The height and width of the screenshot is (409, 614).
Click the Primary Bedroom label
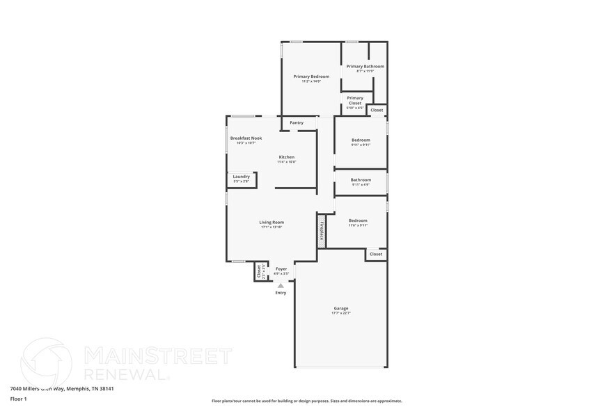[x=310, y=77]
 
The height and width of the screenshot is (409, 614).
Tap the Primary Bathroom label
[x=365, y=66]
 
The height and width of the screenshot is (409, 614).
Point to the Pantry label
[x=297, y=123]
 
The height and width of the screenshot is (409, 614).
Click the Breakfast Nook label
[x=246, y=138]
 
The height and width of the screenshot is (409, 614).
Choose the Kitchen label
[x=287, y=157]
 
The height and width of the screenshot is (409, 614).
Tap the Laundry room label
[x=241, y=177]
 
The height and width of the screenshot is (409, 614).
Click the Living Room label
[x=271, y=223]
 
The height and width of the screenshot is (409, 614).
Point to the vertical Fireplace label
[x=322, y=230]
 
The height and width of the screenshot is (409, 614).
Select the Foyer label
[x=281, y=268]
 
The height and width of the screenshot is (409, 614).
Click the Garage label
[x=341, y=308]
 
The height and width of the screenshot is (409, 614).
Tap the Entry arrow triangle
[x=281, y=285]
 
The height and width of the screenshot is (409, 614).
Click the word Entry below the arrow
[x=281, y=293]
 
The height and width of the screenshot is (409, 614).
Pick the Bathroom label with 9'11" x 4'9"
[x=361, y=180]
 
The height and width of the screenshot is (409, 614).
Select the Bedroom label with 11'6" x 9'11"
[x=358, y=220]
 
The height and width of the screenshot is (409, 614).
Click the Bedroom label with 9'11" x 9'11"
[x=361, y=140]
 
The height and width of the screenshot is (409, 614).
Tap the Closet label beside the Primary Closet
[x=377, y=111]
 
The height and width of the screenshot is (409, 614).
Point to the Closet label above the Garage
[x=376, y=255]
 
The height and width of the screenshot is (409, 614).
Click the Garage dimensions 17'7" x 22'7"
[x=341, y=314]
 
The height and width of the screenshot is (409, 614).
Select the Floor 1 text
[x=18, y=399]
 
